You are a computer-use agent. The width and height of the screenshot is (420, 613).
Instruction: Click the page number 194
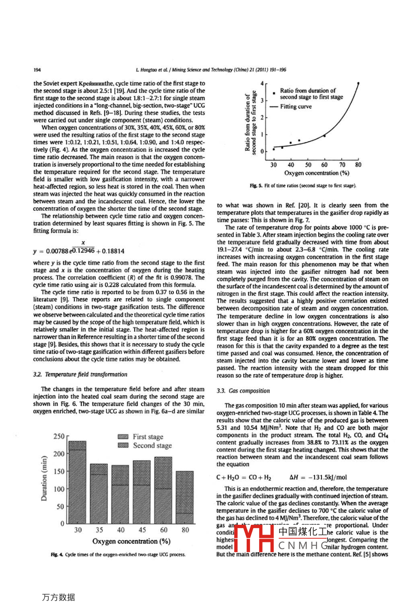coord(37,70)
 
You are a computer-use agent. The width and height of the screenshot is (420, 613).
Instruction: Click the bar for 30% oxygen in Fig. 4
coord(78,483)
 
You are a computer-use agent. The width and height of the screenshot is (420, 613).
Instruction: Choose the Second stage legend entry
coord(144,445)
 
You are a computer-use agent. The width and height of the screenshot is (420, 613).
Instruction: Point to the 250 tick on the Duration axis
coord(59,437)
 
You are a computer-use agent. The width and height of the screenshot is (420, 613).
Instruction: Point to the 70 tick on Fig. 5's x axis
coord(341,165)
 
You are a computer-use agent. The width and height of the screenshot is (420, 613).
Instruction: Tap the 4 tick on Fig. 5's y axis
coord(262,83)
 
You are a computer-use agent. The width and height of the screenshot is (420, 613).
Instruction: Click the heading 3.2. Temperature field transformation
coord(80,374)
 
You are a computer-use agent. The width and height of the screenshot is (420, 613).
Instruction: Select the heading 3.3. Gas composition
coord(243,391)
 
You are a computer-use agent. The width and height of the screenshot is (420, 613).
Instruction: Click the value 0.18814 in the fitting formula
coord(112,251)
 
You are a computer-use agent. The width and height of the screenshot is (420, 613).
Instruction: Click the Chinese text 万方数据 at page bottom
coord(59,597)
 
